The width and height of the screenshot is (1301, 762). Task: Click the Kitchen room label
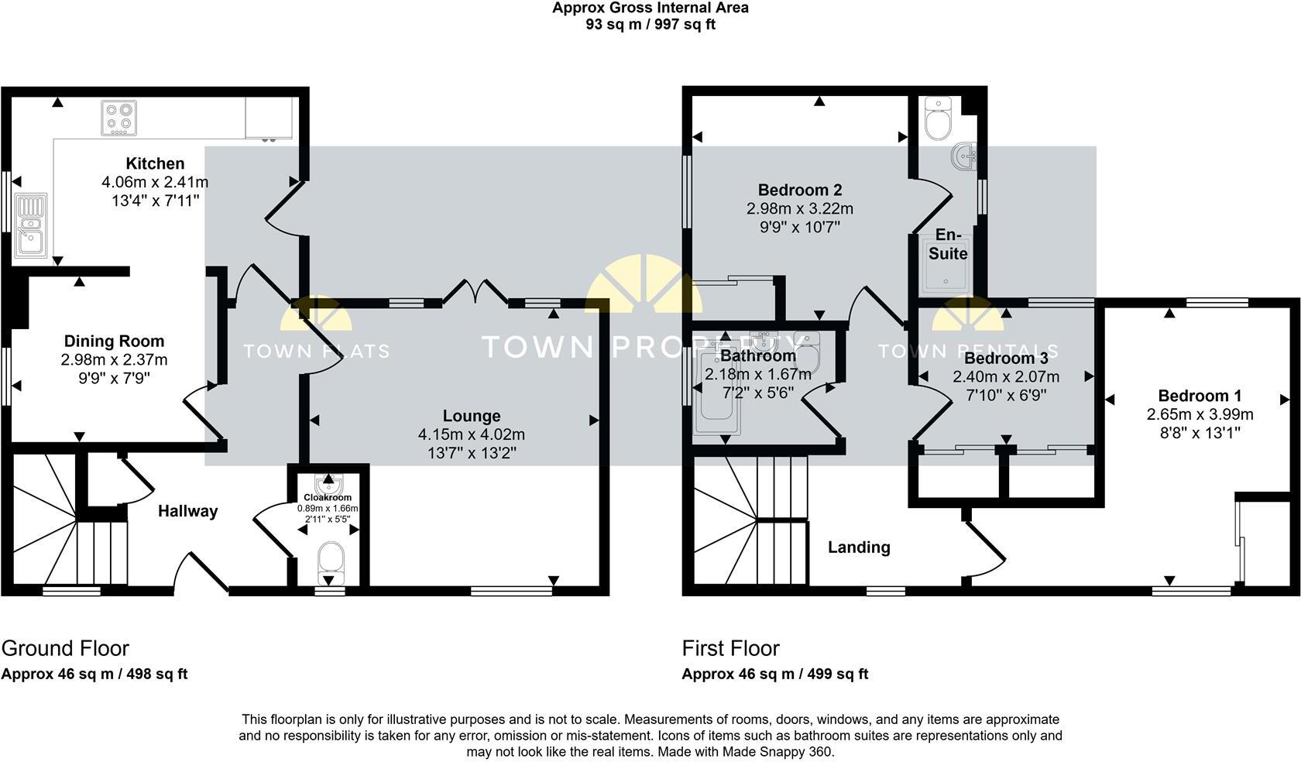(x=155, y=163)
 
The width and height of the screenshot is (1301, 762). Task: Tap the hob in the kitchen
(x=118, y=118)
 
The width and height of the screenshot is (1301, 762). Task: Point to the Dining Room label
(x=114, y=341)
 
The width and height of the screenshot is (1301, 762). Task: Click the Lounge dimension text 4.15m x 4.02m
(x=471, y=434)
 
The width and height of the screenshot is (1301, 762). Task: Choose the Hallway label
(x=187, y=511)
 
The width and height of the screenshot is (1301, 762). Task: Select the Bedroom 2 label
(x=799, y=190)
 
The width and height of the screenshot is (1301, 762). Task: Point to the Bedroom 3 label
(x=1005, y=359)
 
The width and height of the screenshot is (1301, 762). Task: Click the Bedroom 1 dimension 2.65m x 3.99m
(x=1200, y=414)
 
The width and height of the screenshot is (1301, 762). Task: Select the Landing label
(x=859, y=547)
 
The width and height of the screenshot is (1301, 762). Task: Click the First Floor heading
(x=730, y=648)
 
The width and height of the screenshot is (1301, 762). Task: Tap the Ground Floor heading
(x=65, y=648)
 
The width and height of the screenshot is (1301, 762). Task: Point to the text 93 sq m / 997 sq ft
(x=650, y=24)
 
